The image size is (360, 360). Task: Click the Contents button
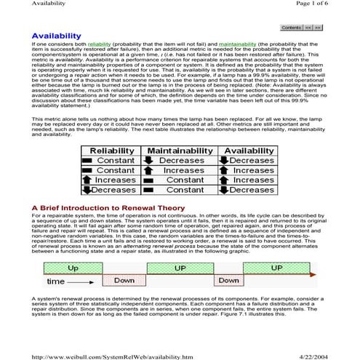[x=291, y=27]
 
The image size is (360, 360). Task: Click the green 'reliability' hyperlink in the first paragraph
[x=98, y=44]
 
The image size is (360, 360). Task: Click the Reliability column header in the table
[x=110, y=150]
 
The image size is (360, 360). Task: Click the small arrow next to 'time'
[x=80, y=281]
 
